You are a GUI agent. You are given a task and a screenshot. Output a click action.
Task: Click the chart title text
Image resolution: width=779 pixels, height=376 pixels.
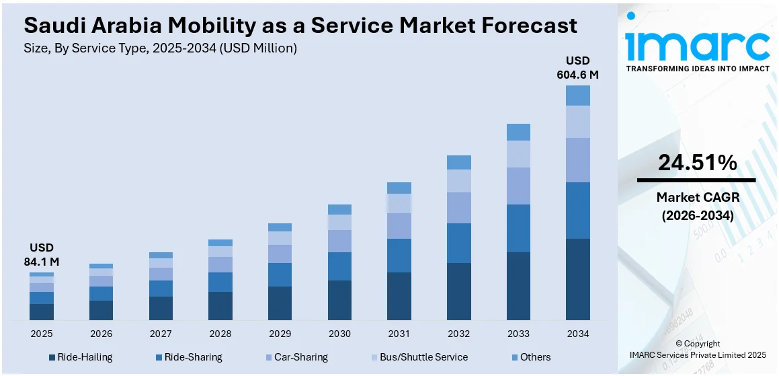(300, 26)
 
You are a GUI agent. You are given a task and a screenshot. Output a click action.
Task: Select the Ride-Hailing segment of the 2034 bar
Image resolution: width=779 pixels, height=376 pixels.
(578, 279)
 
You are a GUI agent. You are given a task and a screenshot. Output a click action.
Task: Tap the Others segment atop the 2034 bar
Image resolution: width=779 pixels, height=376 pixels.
(578, 96)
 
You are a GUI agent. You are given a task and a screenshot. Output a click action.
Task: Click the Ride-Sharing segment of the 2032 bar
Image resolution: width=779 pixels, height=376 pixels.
(459, 243)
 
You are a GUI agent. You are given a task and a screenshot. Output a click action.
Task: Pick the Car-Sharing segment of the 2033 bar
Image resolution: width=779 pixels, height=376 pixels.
(518, 186)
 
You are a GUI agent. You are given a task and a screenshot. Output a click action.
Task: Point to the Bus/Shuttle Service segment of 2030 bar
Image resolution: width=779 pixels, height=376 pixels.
(339, 222)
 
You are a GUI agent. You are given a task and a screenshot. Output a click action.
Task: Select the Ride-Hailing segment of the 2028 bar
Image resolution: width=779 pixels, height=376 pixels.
(220, 306)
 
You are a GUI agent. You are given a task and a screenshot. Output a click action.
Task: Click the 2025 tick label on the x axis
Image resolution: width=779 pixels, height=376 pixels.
(42, 334)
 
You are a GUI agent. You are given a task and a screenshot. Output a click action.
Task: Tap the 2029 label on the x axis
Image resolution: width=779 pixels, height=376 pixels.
(280, 334)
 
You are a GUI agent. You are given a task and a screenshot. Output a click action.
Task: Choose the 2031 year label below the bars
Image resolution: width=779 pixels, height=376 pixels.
(399, 334)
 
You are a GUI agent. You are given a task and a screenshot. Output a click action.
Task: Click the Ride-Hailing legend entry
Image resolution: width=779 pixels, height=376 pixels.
(81, 357)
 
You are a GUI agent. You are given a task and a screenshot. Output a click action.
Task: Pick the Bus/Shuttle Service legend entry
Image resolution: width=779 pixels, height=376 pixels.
(419, 357)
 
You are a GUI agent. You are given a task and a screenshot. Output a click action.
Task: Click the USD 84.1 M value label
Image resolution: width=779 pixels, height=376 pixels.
(42, 254)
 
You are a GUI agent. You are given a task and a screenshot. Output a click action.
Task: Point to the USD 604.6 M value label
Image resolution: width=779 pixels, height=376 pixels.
(577, 68)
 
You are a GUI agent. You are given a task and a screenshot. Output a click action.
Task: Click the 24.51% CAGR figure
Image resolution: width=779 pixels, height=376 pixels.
(697, 163)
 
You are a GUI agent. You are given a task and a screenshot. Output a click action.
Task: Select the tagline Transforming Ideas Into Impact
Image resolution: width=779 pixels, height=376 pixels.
(698, 69)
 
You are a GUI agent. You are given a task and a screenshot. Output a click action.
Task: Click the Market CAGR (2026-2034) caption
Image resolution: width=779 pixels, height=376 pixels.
(697, 205)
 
